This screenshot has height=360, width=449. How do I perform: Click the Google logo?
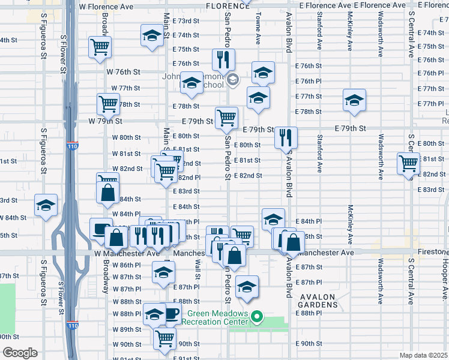pos(19,353)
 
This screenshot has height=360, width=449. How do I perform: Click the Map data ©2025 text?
pos(423,355)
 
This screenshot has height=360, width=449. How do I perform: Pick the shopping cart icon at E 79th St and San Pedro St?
pos(226,117)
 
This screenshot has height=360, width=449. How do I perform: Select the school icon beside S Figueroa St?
pos(46,206)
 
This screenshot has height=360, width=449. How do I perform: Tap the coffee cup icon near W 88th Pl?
pos(171,313)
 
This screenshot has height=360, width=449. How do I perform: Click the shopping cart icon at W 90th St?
pos(164,337)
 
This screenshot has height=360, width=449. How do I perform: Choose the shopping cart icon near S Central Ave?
pos(408,163)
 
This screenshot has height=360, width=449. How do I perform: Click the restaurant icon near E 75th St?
pos(223,59)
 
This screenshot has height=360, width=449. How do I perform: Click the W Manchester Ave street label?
pos(127,253)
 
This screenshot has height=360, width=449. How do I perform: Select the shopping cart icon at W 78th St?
pos(108,104)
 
